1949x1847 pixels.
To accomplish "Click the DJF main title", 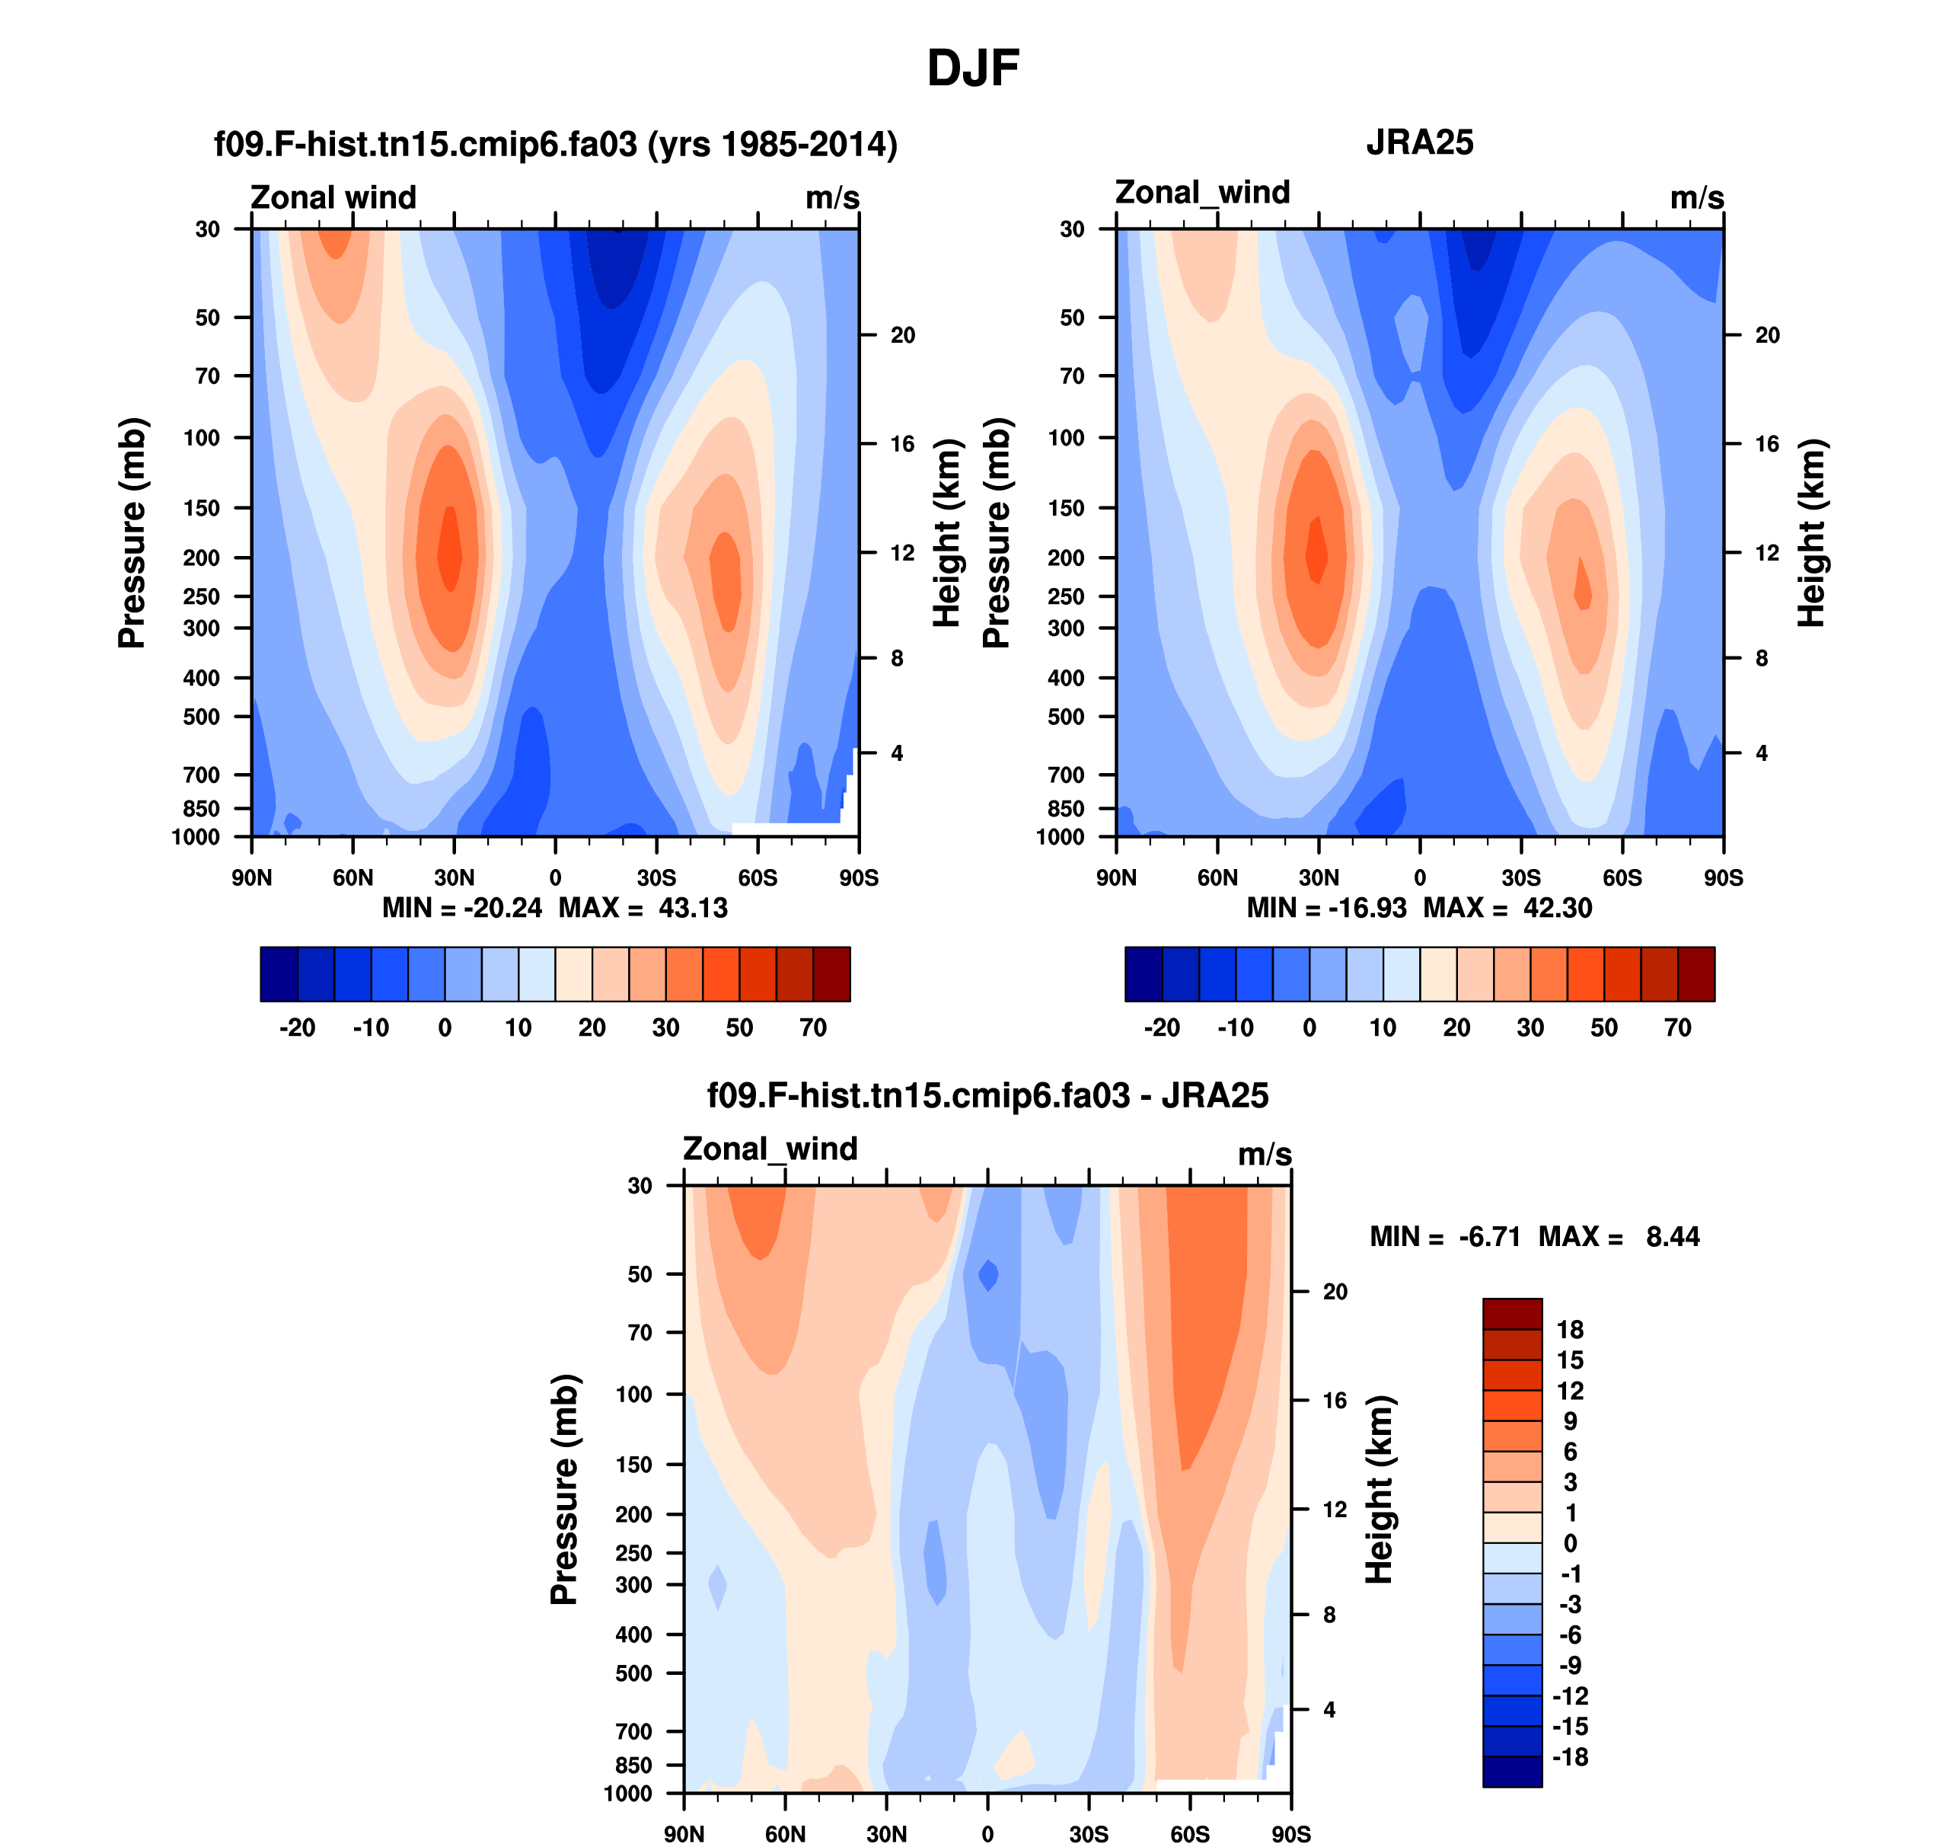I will [972, 69].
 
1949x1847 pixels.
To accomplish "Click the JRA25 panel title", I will [1419, 142].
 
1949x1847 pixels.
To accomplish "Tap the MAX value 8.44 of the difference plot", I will [1673, 1237].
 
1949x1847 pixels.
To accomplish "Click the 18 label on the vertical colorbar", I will [1570, 1329].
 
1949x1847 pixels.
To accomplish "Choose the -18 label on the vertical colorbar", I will [1570, 1756].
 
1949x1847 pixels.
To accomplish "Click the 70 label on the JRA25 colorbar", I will [1677, 1028].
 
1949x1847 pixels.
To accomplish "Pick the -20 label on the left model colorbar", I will [297, 1028].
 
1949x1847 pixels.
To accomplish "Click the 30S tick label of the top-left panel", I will [656, 877].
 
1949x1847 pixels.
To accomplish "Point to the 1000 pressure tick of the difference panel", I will [628, 1793].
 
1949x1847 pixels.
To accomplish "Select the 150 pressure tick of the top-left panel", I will [202, 508].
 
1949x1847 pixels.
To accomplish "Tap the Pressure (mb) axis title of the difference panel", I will [565, 1488].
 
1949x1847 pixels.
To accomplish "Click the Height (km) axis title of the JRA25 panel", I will [1811, 532].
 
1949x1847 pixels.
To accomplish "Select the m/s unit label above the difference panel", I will [1264, 1154].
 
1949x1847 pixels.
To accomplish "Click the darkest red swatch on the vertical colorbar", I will [1512, 1313].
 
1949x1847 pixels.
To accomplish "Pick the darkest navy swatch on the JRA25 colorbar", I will [1143, 973].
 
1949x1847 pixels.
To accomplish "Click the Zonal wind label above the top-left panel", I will [333, 197].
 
